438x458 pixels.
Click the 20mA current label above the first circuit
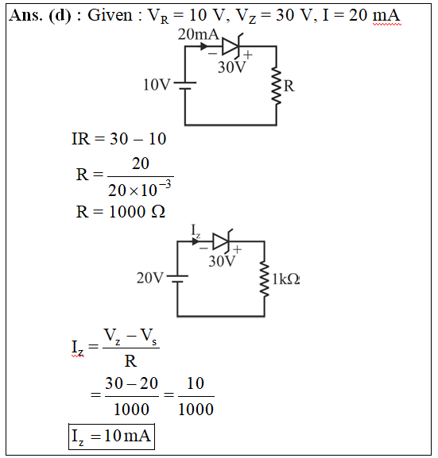[x=199, y=34]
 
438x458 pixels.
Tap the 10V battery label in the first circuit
[x=157, y=85]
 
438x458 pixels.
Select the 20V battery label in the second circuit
[x=149, y=278]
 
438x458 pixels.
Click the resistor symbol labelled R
[x=276, y=86]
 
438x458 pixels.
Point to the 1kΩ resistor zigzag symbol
[x=265, y=280]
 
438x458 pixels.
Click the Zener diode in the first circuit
[x=232, y=47]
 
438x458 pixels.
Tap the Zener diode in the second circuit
[x=223, y=241]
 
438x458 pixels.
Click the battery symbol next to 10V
[x=185, y=85]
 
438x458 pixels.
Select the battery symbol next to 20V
[x=177, y=279]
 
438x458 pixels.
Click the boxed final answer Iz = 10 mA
[x=111, y=437]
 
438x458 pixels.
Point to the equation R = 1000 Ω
[x=121, y=211]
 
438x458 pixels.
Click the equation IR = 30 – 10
[x=119, y=138]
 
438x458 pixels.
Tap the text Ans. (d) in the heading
[x=40, y=15]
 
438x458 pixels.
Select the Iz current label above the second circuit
[x=196, y=231]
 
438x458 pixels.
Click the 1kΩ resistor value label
[x=285, y=279]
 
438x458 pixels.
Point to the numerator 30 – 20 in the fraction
[x=132, y=383]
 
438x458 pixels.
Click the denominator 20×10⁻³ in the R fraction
[x=140, y=189]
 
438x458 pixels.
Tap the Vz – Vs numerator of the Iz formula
[x=130, y=336]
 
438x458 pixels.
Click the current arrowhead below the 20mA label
[x=204, y=46]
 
